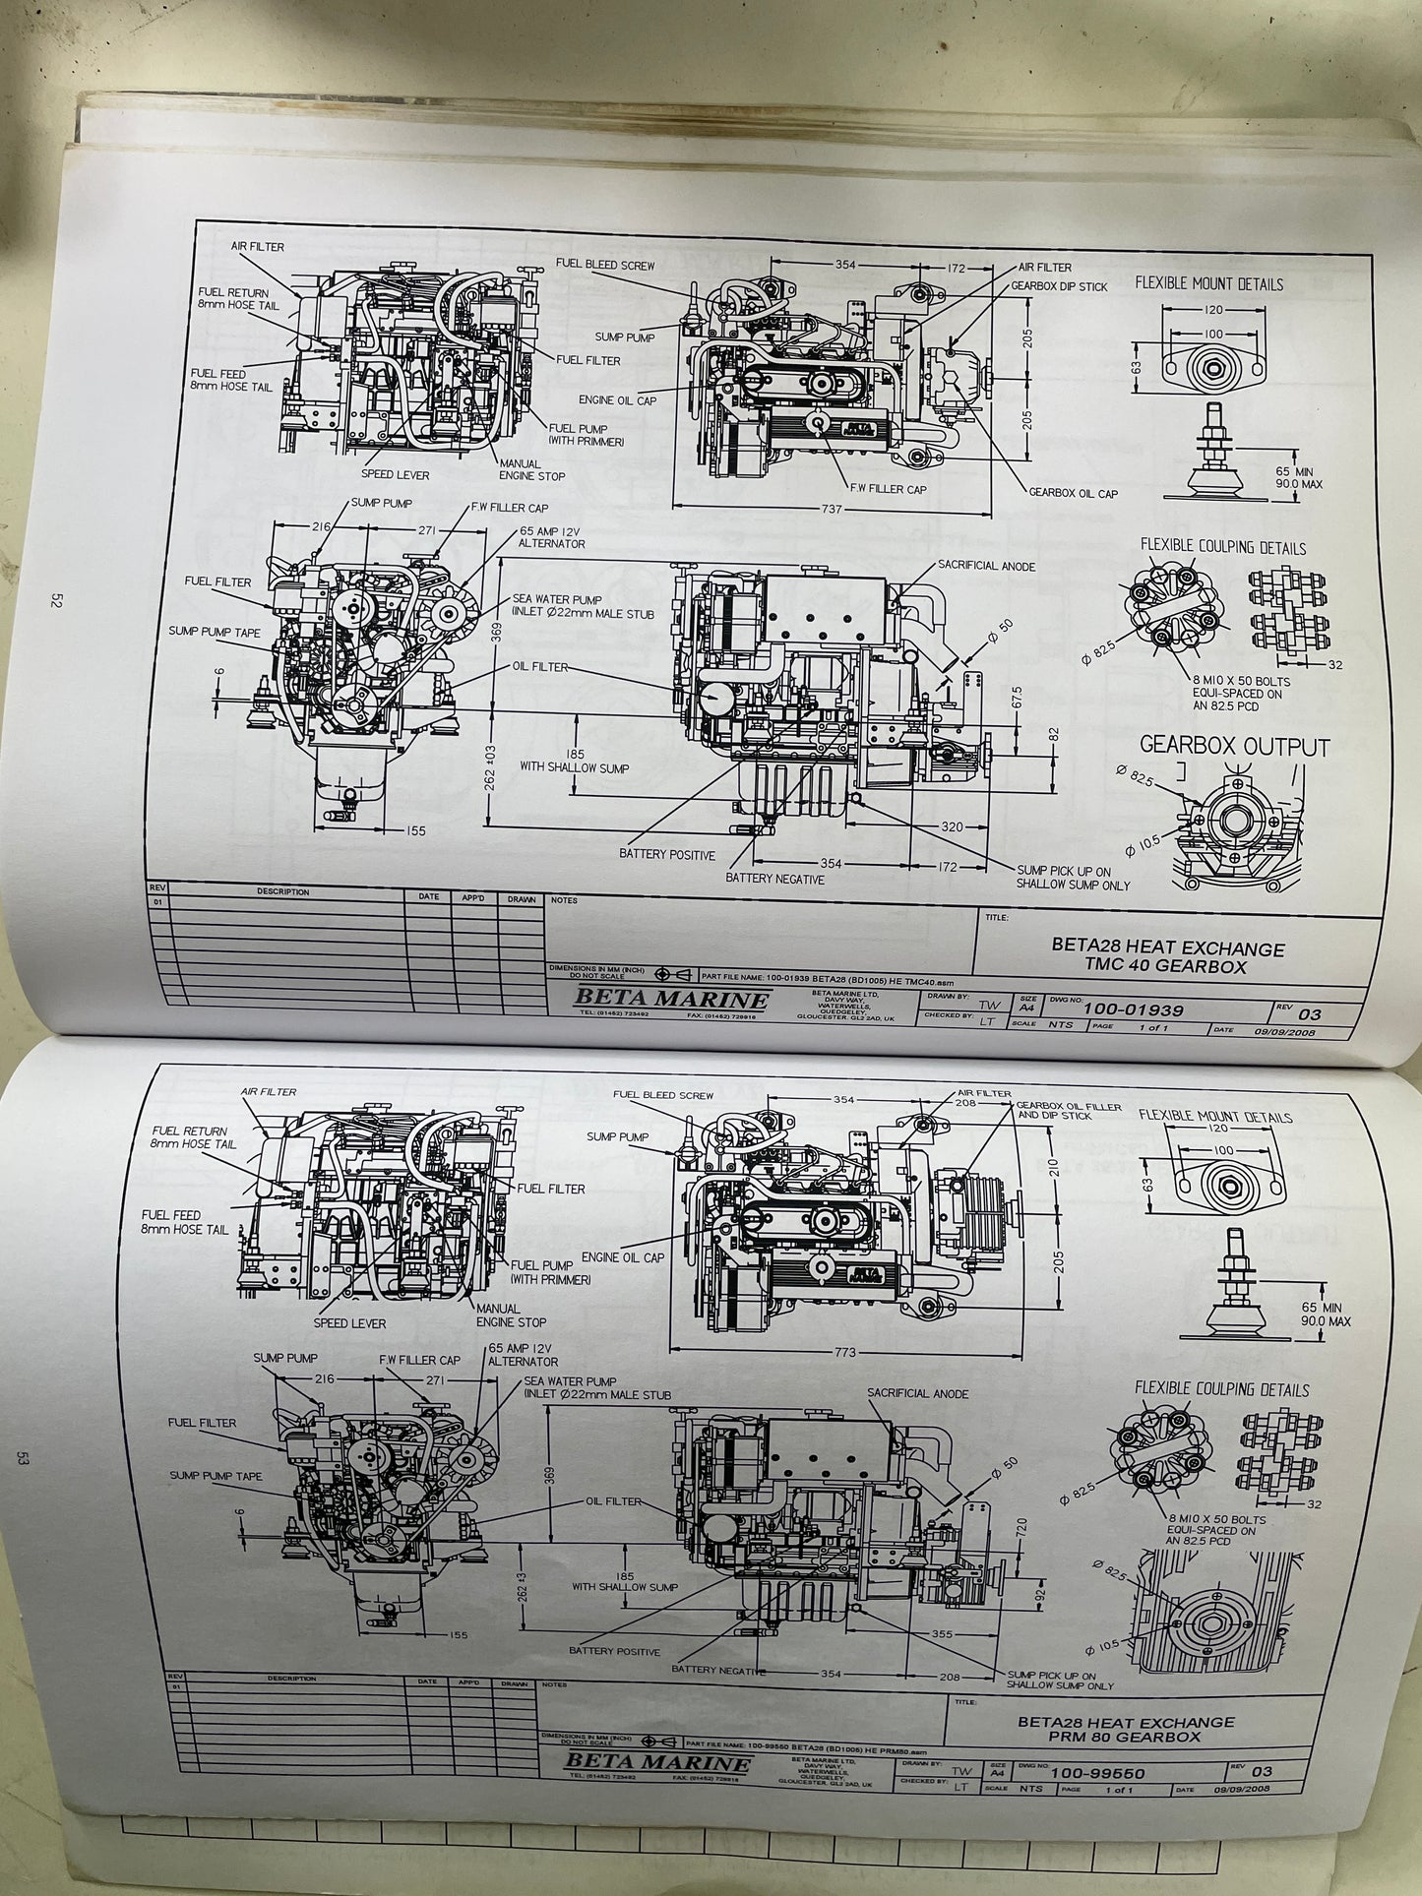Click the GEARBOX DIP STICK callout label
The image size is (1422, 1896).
(1059, 286)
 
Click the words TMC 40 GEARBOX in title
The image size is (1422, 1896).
(1165, 966)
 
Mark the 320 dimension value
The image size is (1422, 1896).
(951, 827)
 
